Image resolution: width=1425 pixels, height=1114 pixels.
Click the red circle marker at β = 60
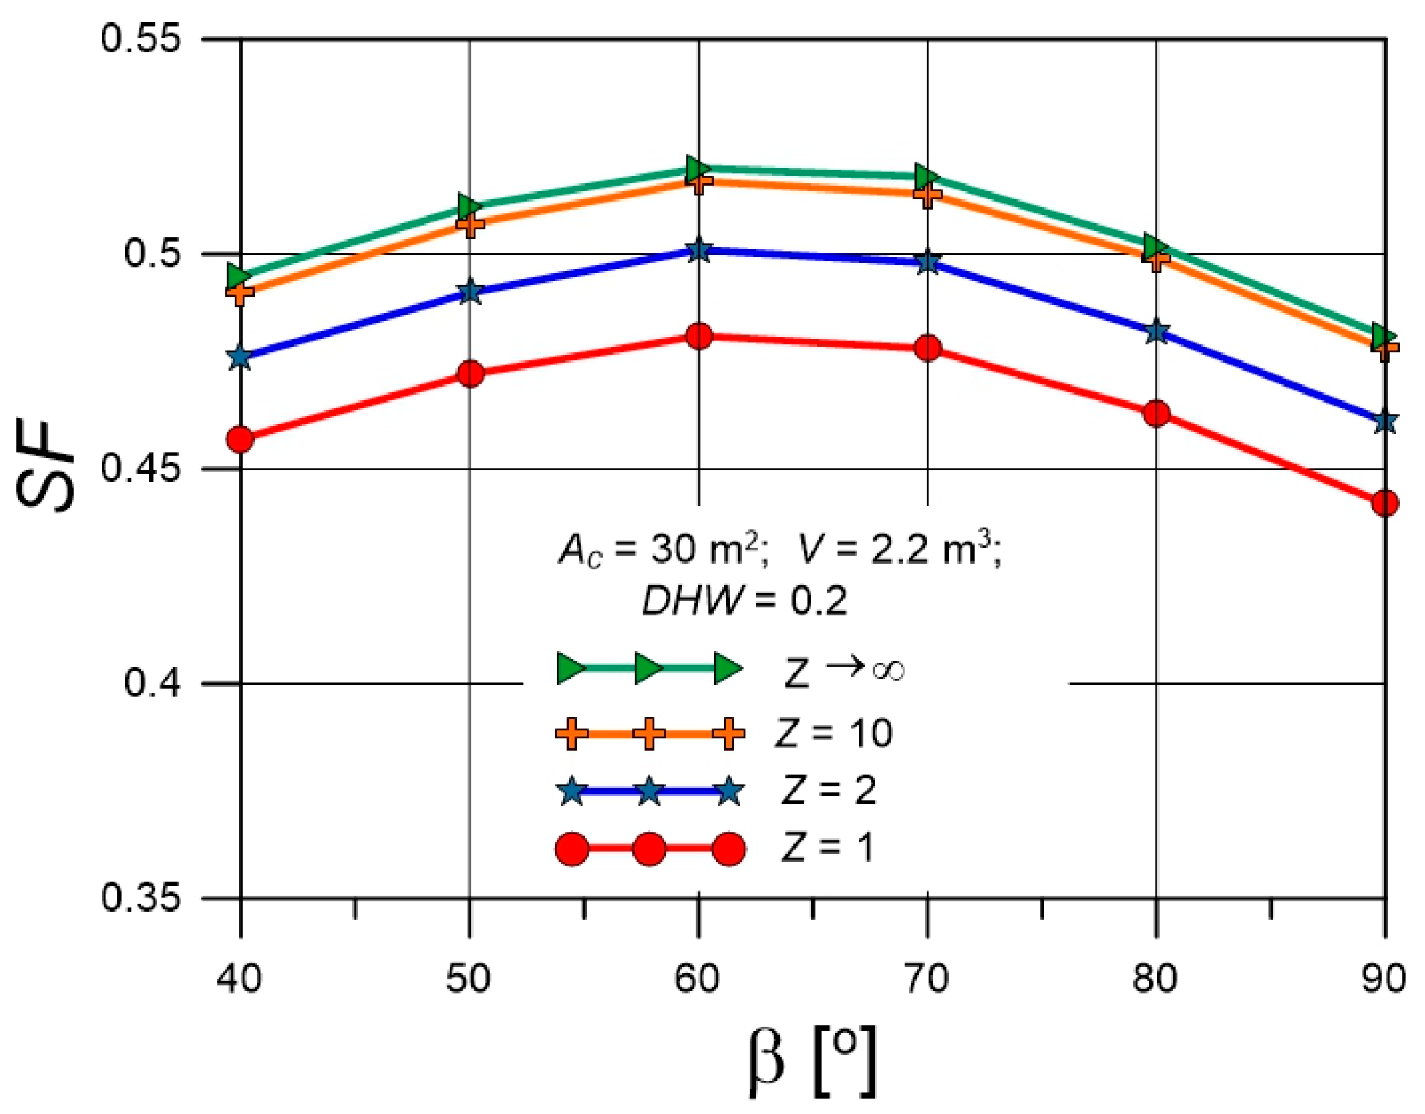coord(698,337)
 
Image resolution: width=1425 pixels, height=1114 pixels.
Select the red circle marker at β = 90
coord(1384,503)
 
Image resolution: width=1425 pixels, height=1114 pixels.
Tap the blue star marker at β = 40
coord(240,357)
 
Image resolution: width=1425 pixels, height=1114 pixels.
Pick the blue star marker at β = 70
coord(928,262)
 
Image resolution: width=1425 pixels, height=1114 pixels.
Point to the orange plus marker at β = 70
coord(928,194)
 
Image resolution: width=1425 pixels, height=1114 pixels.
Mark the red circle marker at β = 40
coord(240,440)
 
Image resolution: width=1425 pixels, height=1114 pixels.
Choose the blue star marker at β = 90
coord(1384,421)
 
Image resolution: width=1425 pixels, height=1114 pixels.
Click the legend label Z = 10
coord(833,733)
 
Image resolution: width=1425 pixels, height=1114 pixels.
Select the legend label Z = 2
coord(829,790)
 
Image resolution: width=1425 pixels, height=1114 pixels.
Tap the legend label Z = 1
coord(827,847)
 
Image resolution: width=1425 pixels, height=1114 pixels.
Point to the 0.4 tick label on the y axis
coord(152,682)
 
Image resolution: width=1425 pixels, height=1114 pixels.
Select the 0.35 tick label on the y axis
coord(140,898)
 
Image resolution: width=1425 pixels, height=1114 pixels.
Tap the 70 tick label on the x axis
coord(927,978)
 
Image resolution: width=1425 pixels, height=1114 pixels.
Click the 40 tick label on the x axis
coord(239,978)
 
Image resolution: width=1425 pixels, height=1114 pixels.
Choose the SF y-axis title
coord(45,467)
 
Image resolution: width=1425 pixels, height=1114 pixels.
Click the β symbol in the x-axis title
coord(767,1060)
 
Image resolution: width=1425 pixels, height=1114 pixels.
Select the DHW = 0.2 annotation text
coord(744,601)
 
